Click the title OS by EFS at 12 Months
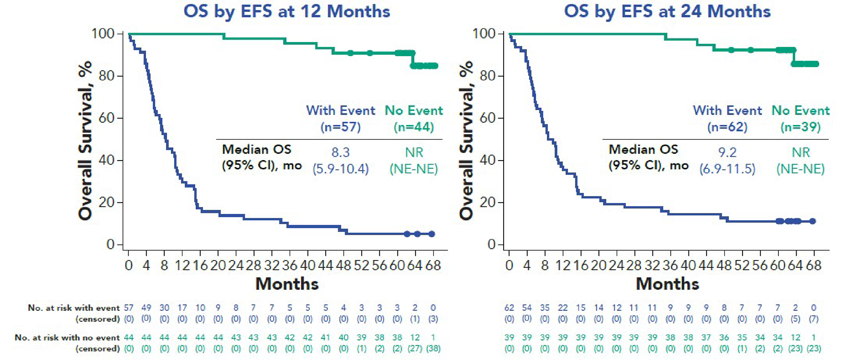286,12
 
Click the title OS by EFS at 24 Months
667,12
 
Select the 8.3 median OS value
341,152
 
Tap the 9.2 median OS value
727,152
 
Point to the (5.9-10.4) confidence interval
341,169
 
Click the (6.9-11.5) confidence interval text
727,169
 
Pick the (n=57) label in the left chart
341,127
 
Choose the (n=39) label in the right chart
800,127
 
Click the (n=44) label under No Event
414,127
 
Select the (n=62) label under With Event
727,127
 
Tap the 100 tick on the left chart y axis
103,33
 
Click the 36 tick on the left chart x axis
290,265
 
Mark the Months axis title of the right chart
667,284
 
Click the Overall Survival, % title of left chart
85,140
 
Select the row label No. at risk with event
73,308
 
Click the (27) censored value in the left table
415,348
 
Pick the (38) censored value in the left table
433,348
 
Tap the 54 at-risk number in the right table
527,308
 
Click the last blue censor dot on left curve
432,234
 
